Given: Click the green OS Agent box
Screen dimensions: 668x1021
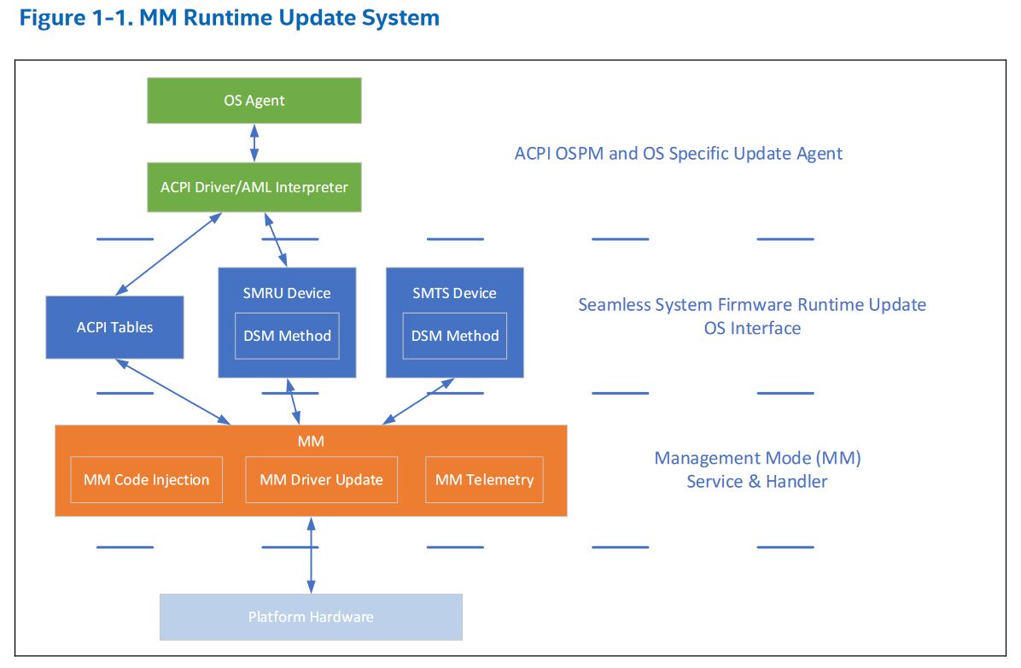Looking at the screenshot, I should point(254,101).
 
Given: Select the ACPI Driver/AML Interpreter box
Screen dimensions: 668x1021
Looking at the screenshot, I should point(254,187).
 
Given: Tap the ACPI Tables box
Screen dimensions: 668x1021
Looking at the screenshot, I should point(114,327).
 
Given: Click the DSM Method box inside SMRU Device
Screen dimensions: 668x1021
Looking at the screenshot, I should point(287,336).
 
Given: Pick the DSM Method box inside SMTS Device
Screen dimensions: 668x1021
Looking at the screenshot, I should point(455,336).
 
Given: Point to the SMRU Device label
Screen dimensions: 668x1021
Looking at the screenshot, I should point(287,293).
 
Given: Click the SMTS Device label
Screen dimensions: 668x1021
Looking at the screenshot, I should point(455,293).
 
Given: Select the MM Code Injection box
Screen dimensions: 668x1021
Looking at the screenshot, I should point(146,479).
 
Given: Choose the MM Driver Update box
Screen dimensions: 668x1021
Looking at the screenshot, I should point(321,479).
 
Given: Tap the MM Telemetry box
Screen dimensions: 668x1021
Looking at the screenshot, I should point(484,479).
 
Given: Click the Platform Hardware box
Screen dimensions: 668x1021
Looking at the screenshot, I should point(311,617).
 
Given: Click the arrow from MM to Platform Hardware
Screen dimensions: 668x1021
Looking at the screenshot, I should point(311,555).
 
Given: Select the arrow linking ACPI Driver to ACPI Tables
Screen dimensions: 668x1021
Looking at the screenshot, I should point(166,255).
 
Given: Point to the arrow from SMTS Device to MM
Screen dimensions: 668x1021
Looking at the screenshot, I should point(419,401).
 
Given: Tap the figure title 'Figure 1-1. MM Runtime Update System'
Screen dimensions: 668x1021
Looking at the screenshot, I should point(230,18).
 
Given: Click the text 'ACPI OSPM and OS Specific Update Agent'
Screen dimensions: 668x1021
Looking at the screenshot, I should point(679,154).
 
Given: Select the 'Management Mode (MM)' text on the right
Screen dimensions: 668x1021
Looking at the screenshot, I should point(757,458).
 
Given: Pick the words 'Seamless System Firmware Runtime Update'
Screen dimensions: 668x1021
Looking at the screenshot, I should point(752,305).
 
